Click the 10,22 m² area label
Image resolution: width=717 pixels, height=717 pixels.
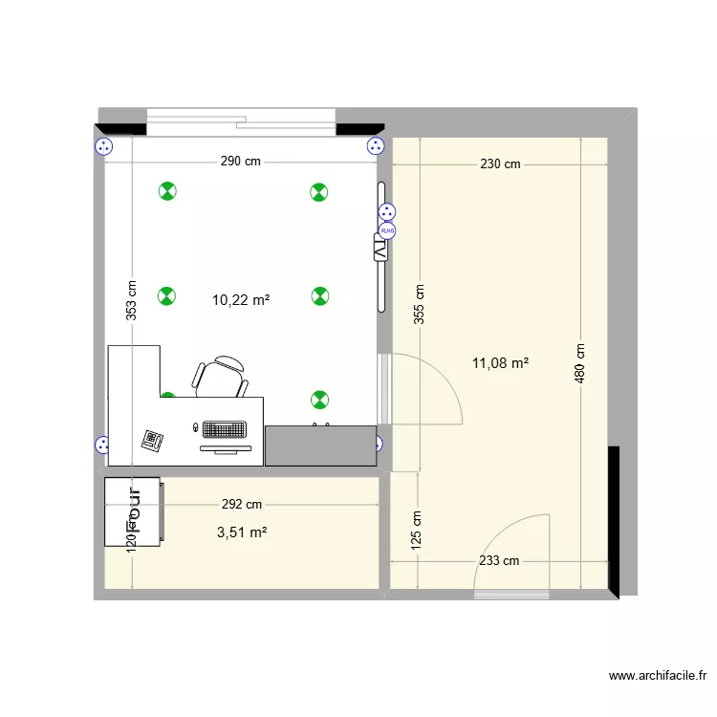click(x=240, y=299)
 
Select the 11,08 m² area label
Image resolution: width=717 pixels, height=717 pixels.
click(x=501, y=362)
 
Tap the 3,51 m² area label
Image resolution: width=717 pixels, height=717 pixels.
click(x=242, y=532)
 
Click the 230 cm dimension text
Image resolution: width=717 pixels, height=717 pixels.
click(x=500, y=163)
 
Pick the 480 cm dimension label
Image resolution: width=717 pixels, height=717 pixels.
click(x=580, y=363)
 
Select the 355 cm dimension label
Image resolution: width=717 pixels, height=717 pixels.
click(x=419, y=306)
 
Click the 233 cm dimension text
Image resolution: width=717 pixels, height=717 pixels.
click(x=499, y=561)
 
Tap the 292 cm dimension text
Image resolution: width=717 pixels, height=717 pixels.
click(x=241, y=504)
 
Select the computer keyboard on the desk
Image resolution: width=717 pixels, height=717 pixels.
click(x=224, y=430)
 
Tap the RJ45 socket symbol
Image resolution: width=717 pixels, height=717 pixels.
click(x=387, y=230)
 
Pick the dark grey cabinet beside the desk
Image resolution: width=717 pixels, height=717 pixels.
click(x=320, y=445)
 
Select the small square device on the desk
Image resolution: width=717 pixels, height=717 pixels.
click(x=152, y=440)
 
